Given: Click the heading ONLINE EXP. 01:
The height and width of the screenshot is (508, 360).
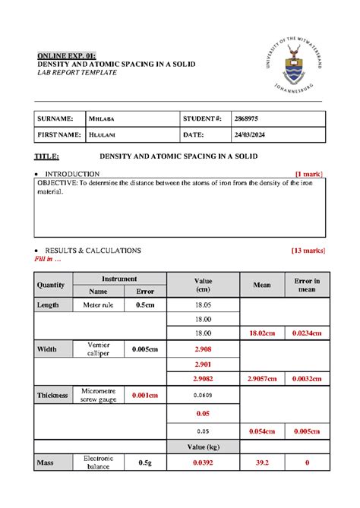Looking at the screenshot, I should pos(67,55).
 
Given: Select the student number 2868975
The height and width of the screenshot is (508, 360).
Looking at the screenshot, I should pos(247,118).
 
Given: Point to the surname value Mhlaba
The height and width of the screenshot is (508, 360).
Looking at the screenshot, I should pos(101,118).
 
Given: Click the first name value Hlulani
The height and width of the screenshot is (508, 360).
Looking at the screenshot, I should pos(103,134).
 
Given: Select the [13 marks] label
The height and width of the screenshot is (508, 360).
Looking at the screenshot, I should pos(307,250).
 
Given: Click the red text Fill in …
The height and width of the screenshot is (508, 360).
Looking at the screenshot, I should pos(49,258).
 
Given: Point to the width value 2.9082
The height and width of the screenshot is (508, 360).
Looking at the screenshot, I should pos(203,377).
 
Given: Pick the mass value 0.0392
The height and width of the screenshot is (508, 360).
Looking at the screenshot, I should pos(203,462).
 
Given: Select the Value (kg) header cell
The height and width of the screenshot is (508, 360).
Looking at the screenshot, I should pos(203,445).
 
